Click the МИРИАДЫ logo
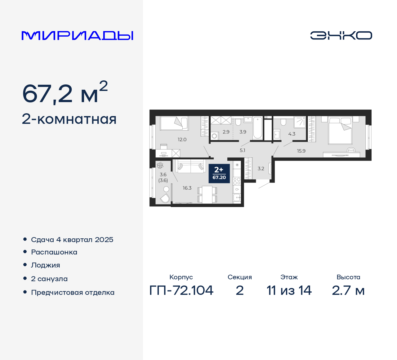pyautogui.click(x=77, y=36)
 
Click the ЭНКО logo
pyautogui.click(x=341, y=35)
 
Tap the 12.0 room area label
pyautogui.click(x=182, y=140)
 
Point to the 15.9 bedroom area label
pyautogui.click(x=301, y=151)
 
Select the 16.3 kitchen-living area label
pyautogui.click(x=187, y=188)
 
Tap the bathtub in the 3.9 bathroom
pyautogui.click(x=257, y=128)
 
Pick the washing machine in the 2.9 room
pyautogui.click(x=214, y=136)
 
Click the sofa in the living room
pyautogui.click(x=190, y=166)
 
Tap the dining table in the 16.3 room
pyautogui.click(x=207, y=195)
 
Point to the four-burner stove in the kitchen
pyautogui.click(x=237, y=181)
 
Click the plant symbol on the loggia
pyautogui.click(x=160, y=165)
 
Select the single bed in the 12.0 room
pyautogui.click(x=174, y=123)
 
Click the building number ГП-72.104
pyautogui.click(x=181, y=290)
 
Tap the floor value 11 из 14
pyautogui.click(x=289, y=290)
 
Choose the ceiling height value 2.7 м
pyautogui.click(x=348, y=290)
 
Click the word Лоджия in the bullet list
pyautogui.click(x=46, y=265)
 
